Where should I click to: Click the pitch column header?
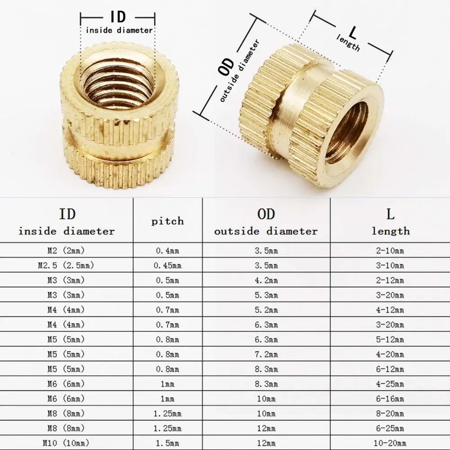click(x=167, y=221)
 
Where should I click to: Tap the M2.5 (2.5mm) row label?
click(x=67, y=265)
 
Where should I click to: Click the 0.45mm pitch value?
click(x=167, y=265)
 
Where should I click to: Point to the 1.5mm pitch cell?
click(x=167, y=443)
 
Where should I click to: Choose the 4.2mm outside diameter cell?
click(x=266, y=280)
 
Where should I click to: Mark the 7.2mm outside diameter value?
click(x=266, y=354)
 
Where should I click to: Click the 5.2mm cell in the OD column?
click(x=266, y=310)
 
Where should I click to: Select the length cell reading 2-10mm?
click(x=390, y=251)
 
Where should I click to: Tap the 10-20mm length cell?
click(x=390, y=443)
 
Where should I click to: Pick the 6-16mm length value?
click(x=390, y=399)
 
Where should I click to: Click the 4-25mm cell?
click(x=390, y=384)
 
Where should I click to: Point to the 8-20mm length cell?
click(x=390, y=414)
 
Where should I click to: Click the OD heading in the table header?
click(x=266, y=214)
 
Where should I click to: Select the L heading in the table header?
click(x=390, y=214)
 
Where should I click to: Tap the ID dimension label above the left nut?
click(x=117, y=18)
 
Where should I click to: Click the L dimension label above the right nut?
click(x=352, y=33)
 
